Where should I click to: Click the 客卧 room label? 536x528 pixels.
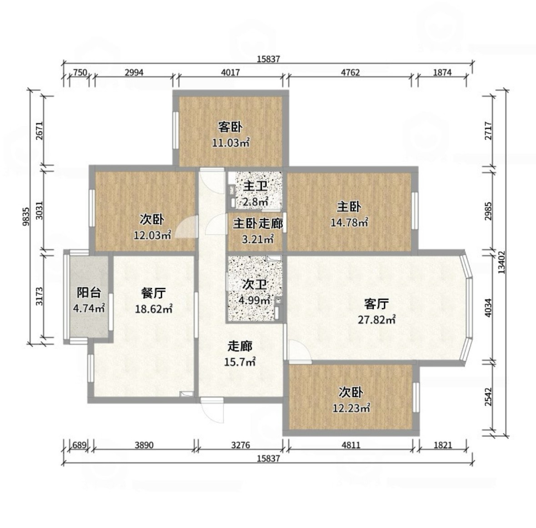coord(230,127)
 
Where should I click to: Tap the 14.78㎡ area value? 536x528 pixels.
coord(349,223)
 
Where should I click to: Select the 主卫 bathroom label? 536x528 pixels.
coord(255,187)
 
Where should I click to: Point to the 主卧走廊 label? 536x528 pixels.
coord(258,224)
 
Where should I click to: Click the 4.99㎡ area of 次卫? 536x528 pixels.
coord(255,301)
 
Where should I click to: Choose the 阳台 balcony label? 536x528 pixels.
coord(89,293)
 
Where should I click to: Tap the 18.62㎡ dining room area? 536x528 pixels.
coord(154,309)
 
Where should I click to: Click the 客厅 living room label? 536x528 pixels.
coord(376,304)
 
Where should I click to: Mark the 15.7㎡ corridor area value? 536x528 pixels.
coord(240,362)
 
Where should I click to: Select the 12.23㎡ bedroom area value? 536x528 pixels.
coord(351,408)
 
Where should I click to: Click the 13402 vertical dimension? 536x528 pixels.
coord(501,262)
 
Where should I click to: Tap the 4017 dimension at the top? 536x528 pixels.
coord(230,72)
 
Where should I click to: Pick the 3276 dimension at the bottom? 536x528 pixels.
coord(240,445)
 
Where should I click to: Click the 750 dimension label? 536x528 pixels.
coord(80,72)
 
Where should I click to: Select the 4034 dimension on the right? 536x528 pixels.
coord(488,308)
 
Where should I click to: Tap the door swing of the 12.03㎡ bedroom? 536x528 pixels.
coord(186,227)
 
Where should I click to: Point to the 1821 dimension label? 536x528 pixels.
coord(442,445)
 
